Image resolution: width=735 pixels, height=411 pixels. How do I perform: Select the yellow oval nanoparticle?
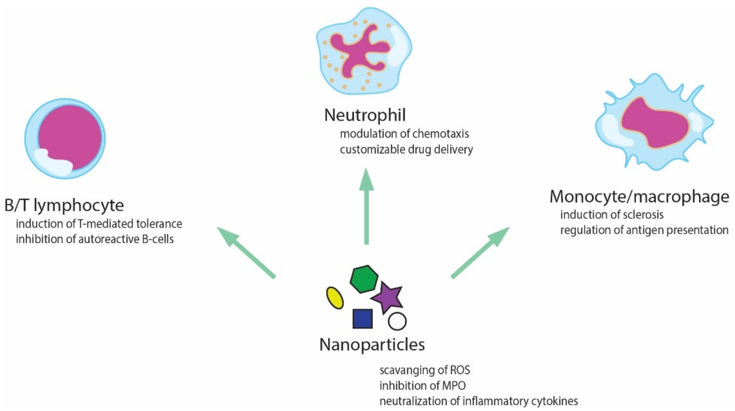(x=335, y=298)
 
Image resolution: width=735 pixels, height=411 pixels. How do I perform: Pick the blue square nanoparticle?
(x=362, y=319)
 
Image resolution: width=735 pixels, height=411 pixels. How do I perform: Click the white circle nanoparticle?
(x=397, y=321)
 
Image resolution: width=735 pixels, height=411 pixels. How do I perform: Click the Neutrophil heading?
(x=365, y=115)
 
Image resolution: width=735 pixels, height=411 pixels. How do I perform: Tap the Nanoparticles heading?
(x=372, y=345)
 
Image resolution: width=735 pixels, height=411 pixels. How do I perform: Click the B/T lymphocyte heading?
(x=64, y=205)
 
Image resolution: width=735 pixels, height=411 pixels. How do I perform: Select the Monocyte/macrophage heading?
(x=639, y=197)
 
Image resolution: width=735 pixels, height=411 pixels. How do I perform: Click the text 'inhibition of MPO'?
(x=422, y=386)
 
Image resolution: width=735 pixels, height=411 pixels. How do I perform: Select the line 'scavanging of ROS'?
(x=424, y=370)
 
